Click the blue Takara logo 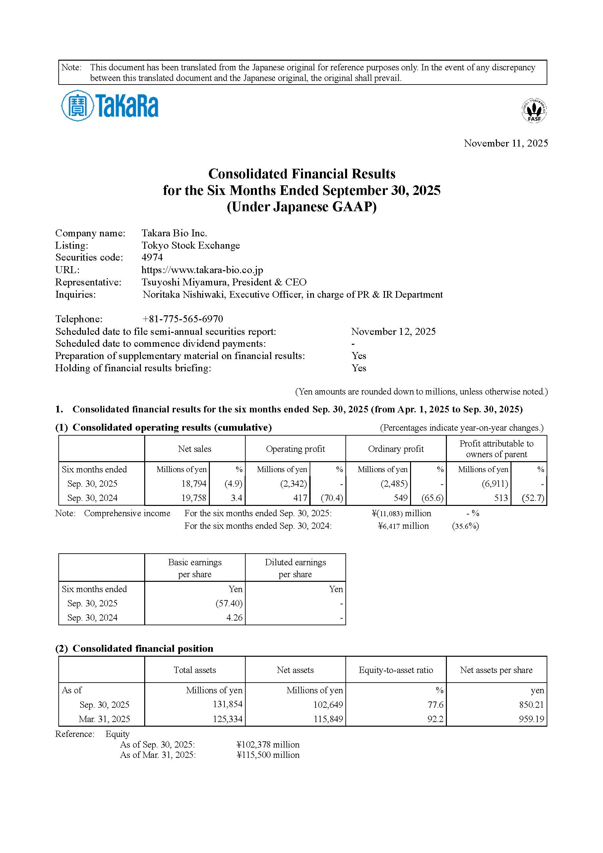tap(110, 105)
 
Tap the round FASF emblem tap(534, 110)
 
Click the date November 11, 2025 tap(506, 144)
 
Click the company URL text tap(202, 270)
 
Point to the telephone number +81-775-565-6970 tap(182, 319)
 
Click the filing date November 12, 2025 tap(393, 332)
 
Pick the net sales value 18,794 tap(194, 484)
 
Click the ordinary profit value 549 tap(400, 498)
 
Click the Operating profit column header tap(295, 449)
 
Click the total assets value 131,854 tap(227, 704)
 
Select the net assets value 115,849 tap(328, 719)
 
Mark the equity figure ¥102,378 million tap(268, 745)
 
